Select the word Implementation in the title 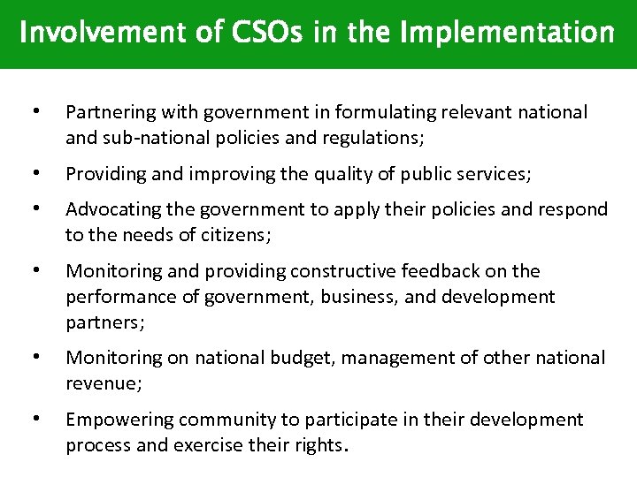point(507,34)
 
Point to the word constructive point(343,271)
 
